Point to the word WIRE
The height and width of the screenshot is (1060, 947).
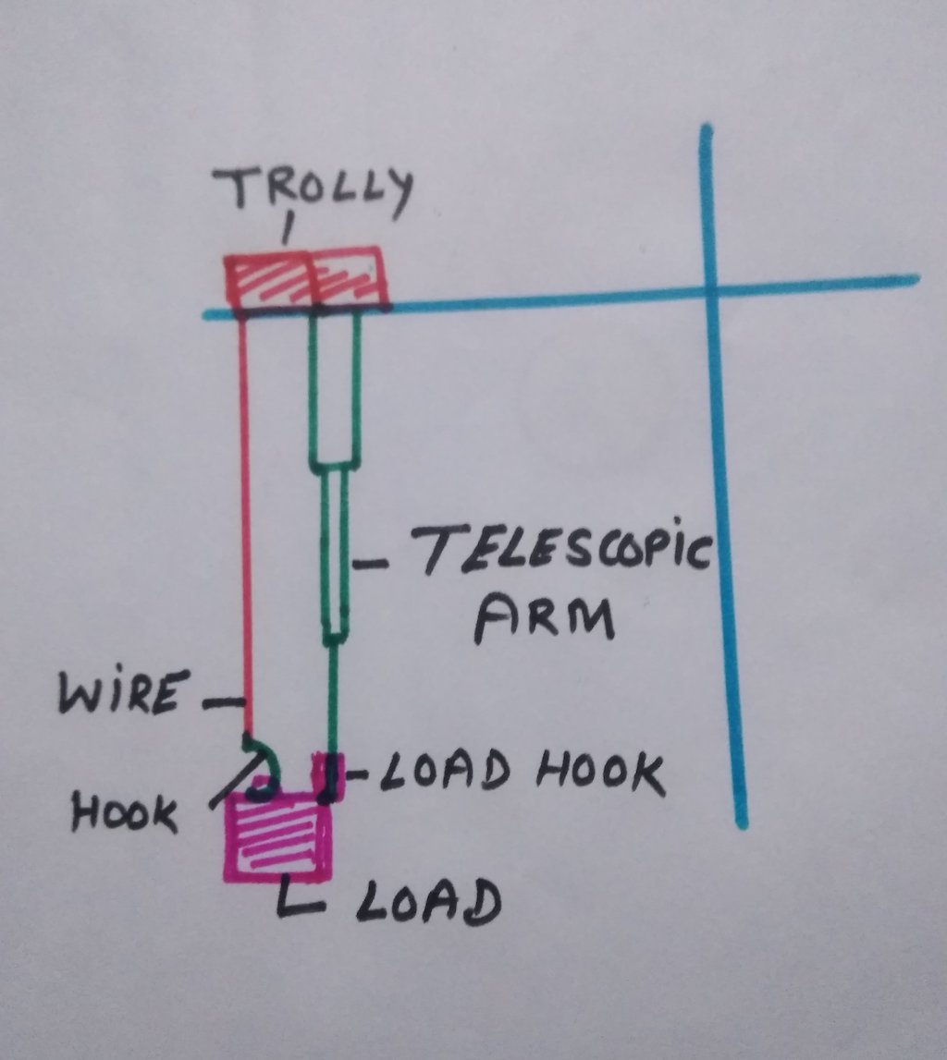118,694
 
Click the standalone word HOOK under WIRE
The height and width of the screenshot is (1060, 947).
125,813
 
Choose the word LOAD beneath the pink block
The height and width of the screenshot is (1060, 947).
426,902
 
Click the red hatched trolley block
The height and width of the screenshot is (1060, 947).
306,278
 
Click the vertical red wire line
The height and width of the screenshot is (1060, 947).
246,518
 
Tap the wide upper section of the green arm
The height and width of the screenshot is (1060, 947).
334,388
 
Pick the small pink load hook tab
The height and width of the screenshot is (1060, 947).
330,776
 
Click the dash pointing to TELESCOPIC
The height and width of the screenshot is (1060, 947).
374,561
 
